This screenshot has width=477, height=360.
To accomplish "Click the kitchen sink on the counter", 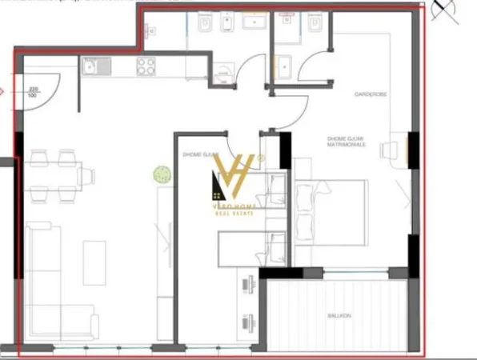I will pyautogui.click(x=92, y=66).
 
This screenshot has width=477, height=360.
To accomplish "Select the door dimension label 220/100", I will pyautogui.click(x=33, y=91).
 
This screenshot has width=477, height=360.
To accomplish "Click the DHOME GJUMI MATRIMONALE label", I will pyautogui.click(x=347, y=142).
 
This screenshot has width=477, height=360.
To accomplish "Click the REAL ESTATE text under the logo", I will pyautogui.click(x=238, y=213).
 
